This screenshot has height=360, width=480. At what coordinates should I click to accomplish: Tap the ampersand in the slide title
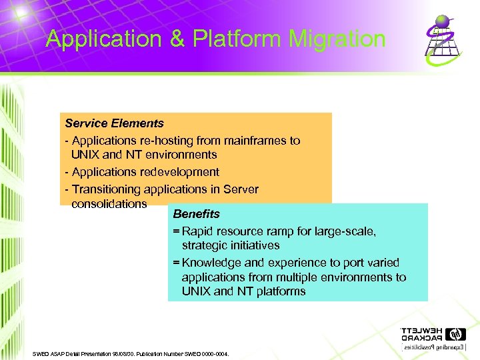(177, 39)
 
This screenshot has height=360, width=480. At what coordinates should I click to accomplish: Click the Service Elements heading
(114, 123)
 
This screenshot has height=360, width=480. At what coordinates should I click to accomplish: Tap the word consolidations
(109, 203)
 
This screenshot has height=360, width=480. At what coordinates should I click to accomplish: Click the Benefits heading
(196, 214)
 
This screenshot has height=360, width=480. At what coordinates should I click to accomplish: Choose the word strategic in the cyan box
(204, 245)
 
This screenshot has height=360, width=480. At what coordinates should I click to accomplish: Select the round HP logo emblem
(456, 333)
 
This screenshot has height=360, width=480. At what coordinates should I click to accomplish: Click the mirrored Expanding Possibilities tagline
(434, 348)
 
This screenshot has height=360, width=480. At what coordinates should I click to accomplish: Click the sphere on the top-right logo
(443, 21)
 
